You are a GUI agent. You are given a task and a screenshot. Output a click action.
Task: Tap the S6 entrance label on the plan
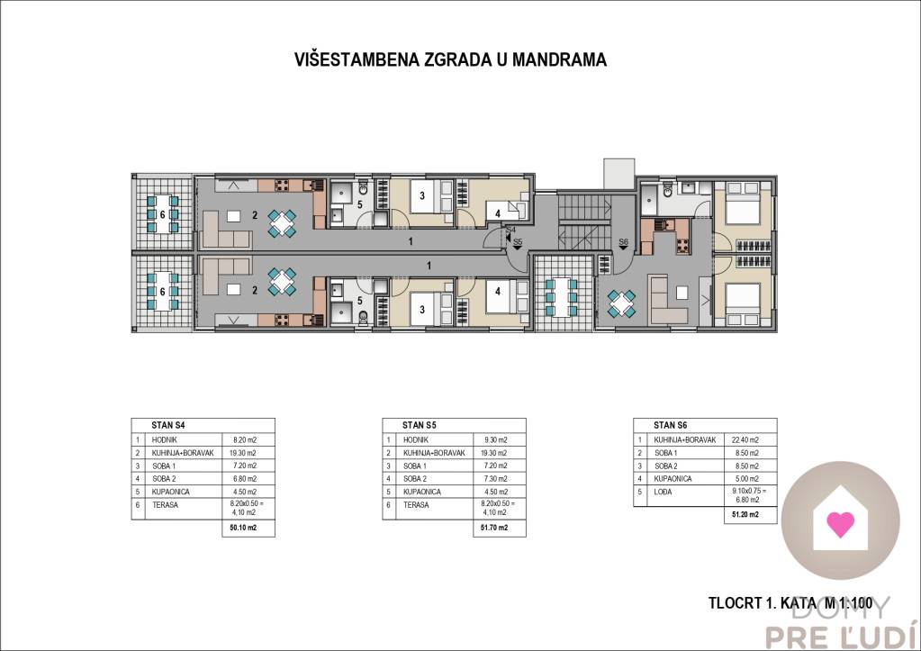click(623, 241)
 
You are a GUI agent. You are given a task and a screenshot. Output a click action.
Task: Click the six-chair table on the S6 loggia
click(562, 294)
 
